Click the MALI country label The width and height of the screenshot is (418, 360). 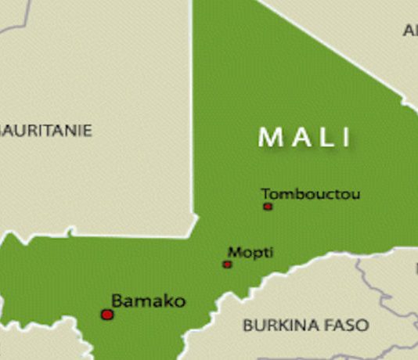tap(305, 137)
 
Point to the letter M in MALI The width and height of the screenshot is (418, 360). tap(269, 138)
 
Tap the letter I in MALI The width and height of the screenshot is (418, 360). tap(345, 138)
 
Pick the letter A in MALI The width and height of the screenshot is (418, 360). tap(297, 138)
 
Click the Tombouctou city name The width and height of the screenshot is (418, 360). tap(311, 193)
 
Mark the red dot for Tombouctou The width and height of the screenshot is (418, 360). tap(268, 207)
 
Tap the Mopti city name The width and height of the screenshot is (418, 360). tap(250, 253)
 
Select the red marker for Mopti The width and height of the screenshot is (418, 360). tap(227, 265)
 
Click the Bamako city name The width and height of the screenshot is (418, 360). tap(148, 301)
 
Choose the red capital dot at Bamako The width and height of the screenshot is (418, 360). tap(107, 315)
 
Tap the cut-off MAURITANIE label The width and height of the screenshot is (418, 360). tap(45, 130)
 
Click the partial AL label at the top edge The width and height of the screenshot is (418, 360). tap(410, 31)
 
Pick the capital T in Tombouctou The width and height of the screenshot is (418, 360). tap(265, 193)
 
